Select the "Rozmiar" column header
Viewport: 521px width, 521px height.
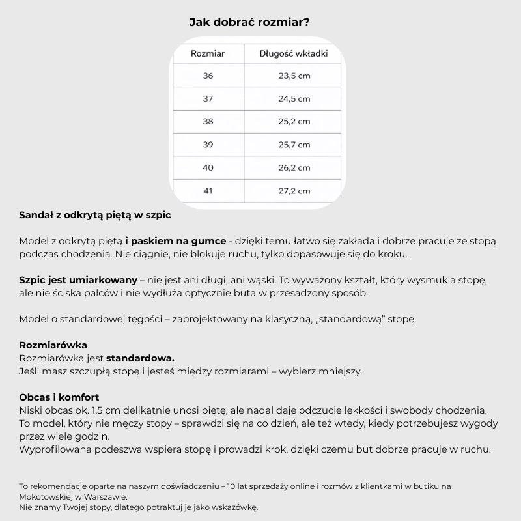coord(208,53)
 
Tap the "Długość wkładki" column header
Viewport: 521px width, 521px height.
coord(294,53)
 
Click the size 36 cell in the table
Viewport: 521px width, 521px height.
coord(208,76)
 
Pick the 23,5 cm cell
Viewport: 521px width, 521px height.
coord(294,76)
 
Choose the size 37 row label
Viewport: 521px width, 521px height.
coord(208,99)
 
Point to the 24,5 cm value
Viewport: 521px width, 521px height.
coord(294,99)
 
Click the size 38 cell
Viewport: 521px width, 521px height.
coord(208,122)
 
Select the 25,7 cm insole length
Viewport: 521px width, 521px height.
coord(294,145)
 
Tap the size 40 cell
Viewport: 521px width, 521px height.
coord(208,167)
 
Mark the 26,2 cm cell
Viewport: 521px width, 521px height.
coord(294,167)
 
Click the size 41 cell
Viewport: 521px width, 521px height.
coord(208,191)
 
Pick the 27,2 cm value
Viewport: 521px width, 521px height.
coord(294,191)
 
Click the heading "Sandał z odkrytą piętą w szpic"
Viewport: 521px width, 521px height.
coord(96,214)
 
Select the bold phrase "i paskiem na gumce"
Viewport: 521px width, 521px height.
coord(176,240)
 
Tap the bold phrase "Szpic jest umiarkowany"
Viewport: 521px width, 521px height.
coord(78,280)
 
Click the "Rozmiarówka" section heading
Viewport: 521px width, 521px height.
coord(53,345)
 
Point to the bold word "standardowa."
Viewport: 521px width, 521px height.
coord(140,358)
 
